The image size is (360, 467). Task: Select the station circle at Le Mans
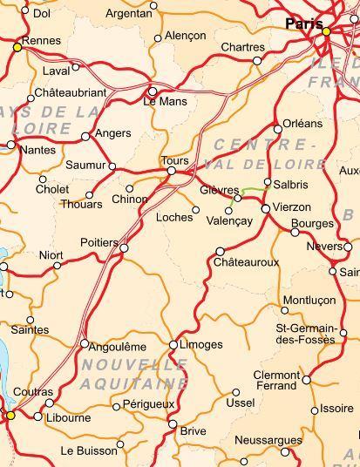tap(153, 91)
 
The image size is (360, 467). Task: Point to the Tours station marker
tap(172, 172)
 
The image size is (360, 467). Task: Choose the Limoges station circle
tap(173, 345)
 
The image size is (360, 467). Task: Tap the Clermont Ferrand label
tap(276, 380)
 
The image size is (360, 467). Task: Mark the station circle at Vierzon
tap(266, 209)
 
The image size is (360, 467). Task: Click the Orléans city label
tap(302, 124)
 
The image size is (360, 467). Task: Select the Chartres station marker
tap(257, 61)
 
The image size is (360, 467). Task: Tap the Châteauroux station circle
tap(220, 252)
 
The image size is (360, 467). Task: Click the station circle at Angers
tap(85, 136)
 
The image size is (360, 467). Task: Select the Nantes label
tap(36, 150)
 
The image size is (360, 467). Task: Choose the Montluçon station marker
tap(285, 310)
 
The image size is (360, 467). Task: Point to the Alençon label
tap(186, 37)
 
